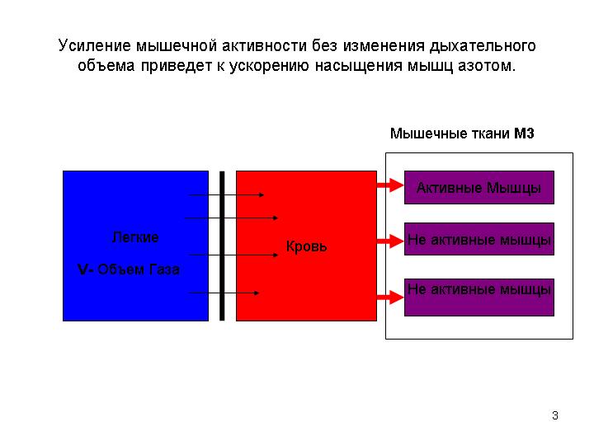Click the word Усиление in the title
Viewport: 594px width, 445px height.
pos(95,45)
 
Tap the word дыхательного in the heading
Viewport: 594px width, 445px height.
pos(483,46)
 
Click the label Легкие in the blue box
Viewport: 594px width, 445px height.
pos(135,237)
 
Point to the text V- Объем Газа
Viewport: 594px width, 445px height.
pos(129,269)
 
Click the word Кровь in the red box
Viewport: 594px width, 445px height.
pos(306,246)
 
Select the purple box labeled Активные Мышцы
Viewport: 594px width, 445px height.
pos(479,187)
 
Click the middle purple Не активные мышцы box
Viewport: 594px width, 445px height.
pos(479,239)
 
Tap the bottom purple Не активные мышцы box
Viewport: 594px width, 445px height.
pos(479,297)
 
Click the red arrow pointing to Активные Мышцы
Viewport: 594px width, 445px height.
pos(390,185)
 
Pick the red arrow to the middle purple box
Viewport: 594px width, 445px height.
pos(390,241)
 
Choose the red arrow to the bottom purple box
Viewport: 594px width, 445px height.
pos(390,297)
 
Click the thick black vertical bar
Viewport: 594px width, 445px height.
pos(222,246)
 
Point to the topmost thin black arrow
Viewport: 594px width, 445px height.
pos(226,194)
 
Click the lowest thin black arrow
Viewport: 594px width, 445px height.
pos(224,293)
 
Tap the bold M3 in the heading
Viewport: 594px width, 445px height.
pos(524,133)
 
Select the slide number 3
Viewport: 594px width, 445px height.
pos(555,415)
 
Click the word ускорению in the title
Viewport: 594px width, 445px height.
pos(269,66)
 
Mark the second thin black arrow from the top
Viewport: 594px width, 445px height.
pos(232,218)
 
